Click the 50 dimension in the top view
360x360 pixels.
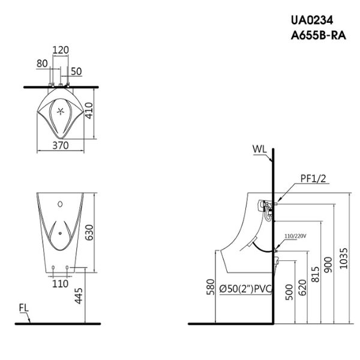(76, 71)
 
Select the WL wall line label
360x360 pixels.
(259, 148)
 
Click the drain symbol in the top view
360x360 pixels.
(60, 110)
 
